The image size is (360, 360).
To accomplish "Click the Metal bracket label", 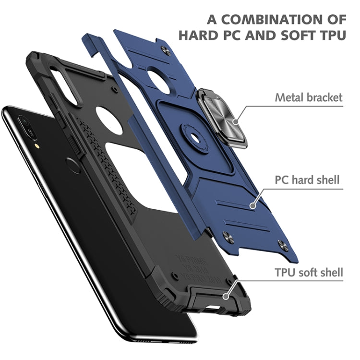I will (x=309, y=97).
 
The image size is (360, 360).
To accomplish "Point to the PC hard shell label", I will (x=307, y=180).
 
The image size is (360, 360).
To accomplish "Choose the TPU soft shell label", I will (x=309, y=273).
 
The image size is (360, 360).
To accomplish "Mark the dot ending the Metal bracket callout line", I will (x=235, y=120).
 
